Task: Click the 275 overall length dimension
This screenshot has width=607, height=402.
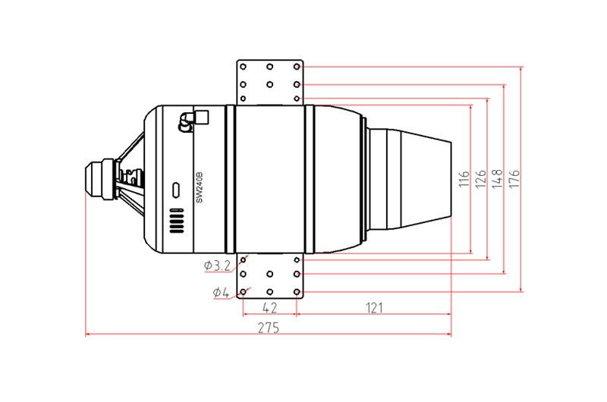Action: click(x=268, y=328)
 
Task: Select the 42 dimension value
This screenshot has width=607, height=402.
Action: click(x=269, y=307)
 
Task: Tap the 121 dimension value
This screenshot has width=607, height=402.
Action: click(x=373, y=307)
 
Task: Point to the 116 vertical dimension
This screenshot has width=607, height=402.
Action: click(x=464, y=180)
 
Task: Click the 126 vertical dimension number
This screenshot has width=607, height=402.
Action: click(x=480, y=180)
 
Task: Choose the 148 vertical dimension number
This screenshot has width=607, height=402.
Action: click(x=497, y=180)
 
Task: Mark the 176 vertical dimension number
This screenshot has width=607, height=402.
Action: click(x=514, y=180)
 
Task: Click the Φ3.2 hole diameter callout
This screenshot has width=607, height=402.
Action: click(x=218, y=265)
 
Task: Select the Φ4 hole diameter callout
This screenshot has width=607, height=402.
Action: click(x=221, y=292)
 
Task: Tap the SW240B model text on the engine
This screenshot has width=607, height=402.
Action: click(x=200, y=187)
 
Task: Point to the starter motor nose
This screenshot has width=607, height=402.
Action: click(x=97, y=179)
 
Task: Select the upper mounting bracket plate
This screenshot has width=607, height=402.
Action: click(x=269, y=82)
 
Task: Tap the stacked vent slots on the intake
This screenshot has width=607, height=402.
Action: click(x=176, y=221)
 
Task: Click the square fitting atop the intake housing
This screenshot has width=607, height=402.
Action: click(x=202, y=117)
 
